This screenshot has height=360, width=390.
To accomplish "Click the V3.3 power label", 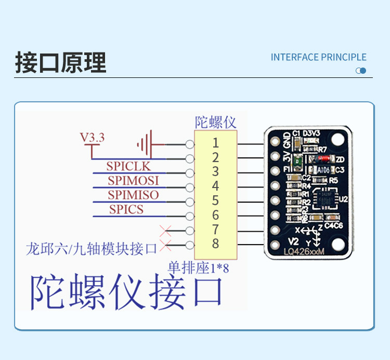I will tap(92, 138).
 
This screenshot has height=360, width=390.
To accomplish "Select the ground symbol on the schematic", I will tap(145, 143).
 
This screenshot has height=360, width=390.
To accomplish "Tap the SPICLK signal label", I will tap(128, 166).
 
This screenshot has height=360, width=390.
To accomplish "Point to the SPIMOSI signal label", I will tap(133, 181).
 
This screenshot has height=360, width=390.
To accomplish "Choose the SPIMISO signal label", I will tap(133, 195).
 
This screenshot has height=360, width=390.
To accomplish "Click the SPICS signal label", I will tap(126, 209).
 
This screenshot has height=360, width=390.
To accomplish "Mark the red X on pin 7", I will tap(166, 229).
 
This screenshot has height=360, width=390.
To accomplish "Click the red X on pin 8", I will tap(166, 244).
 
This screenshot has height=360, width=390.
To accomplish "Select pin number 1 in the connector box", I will tap(215, 142).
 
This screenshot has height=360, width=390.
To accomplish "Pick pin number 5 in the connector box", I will tap(215, 201).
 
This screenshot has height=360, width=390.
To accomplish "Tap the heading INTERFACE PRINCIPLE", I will tap(318, 57).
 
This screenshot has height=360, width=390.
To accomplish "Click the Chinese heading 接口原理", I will tap(60, 63).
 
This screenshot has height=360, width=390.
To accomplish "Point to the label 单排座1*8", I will tap(198, 268).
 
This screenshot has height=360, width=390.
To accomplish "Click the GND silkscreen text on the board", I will tap(287, 140).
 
